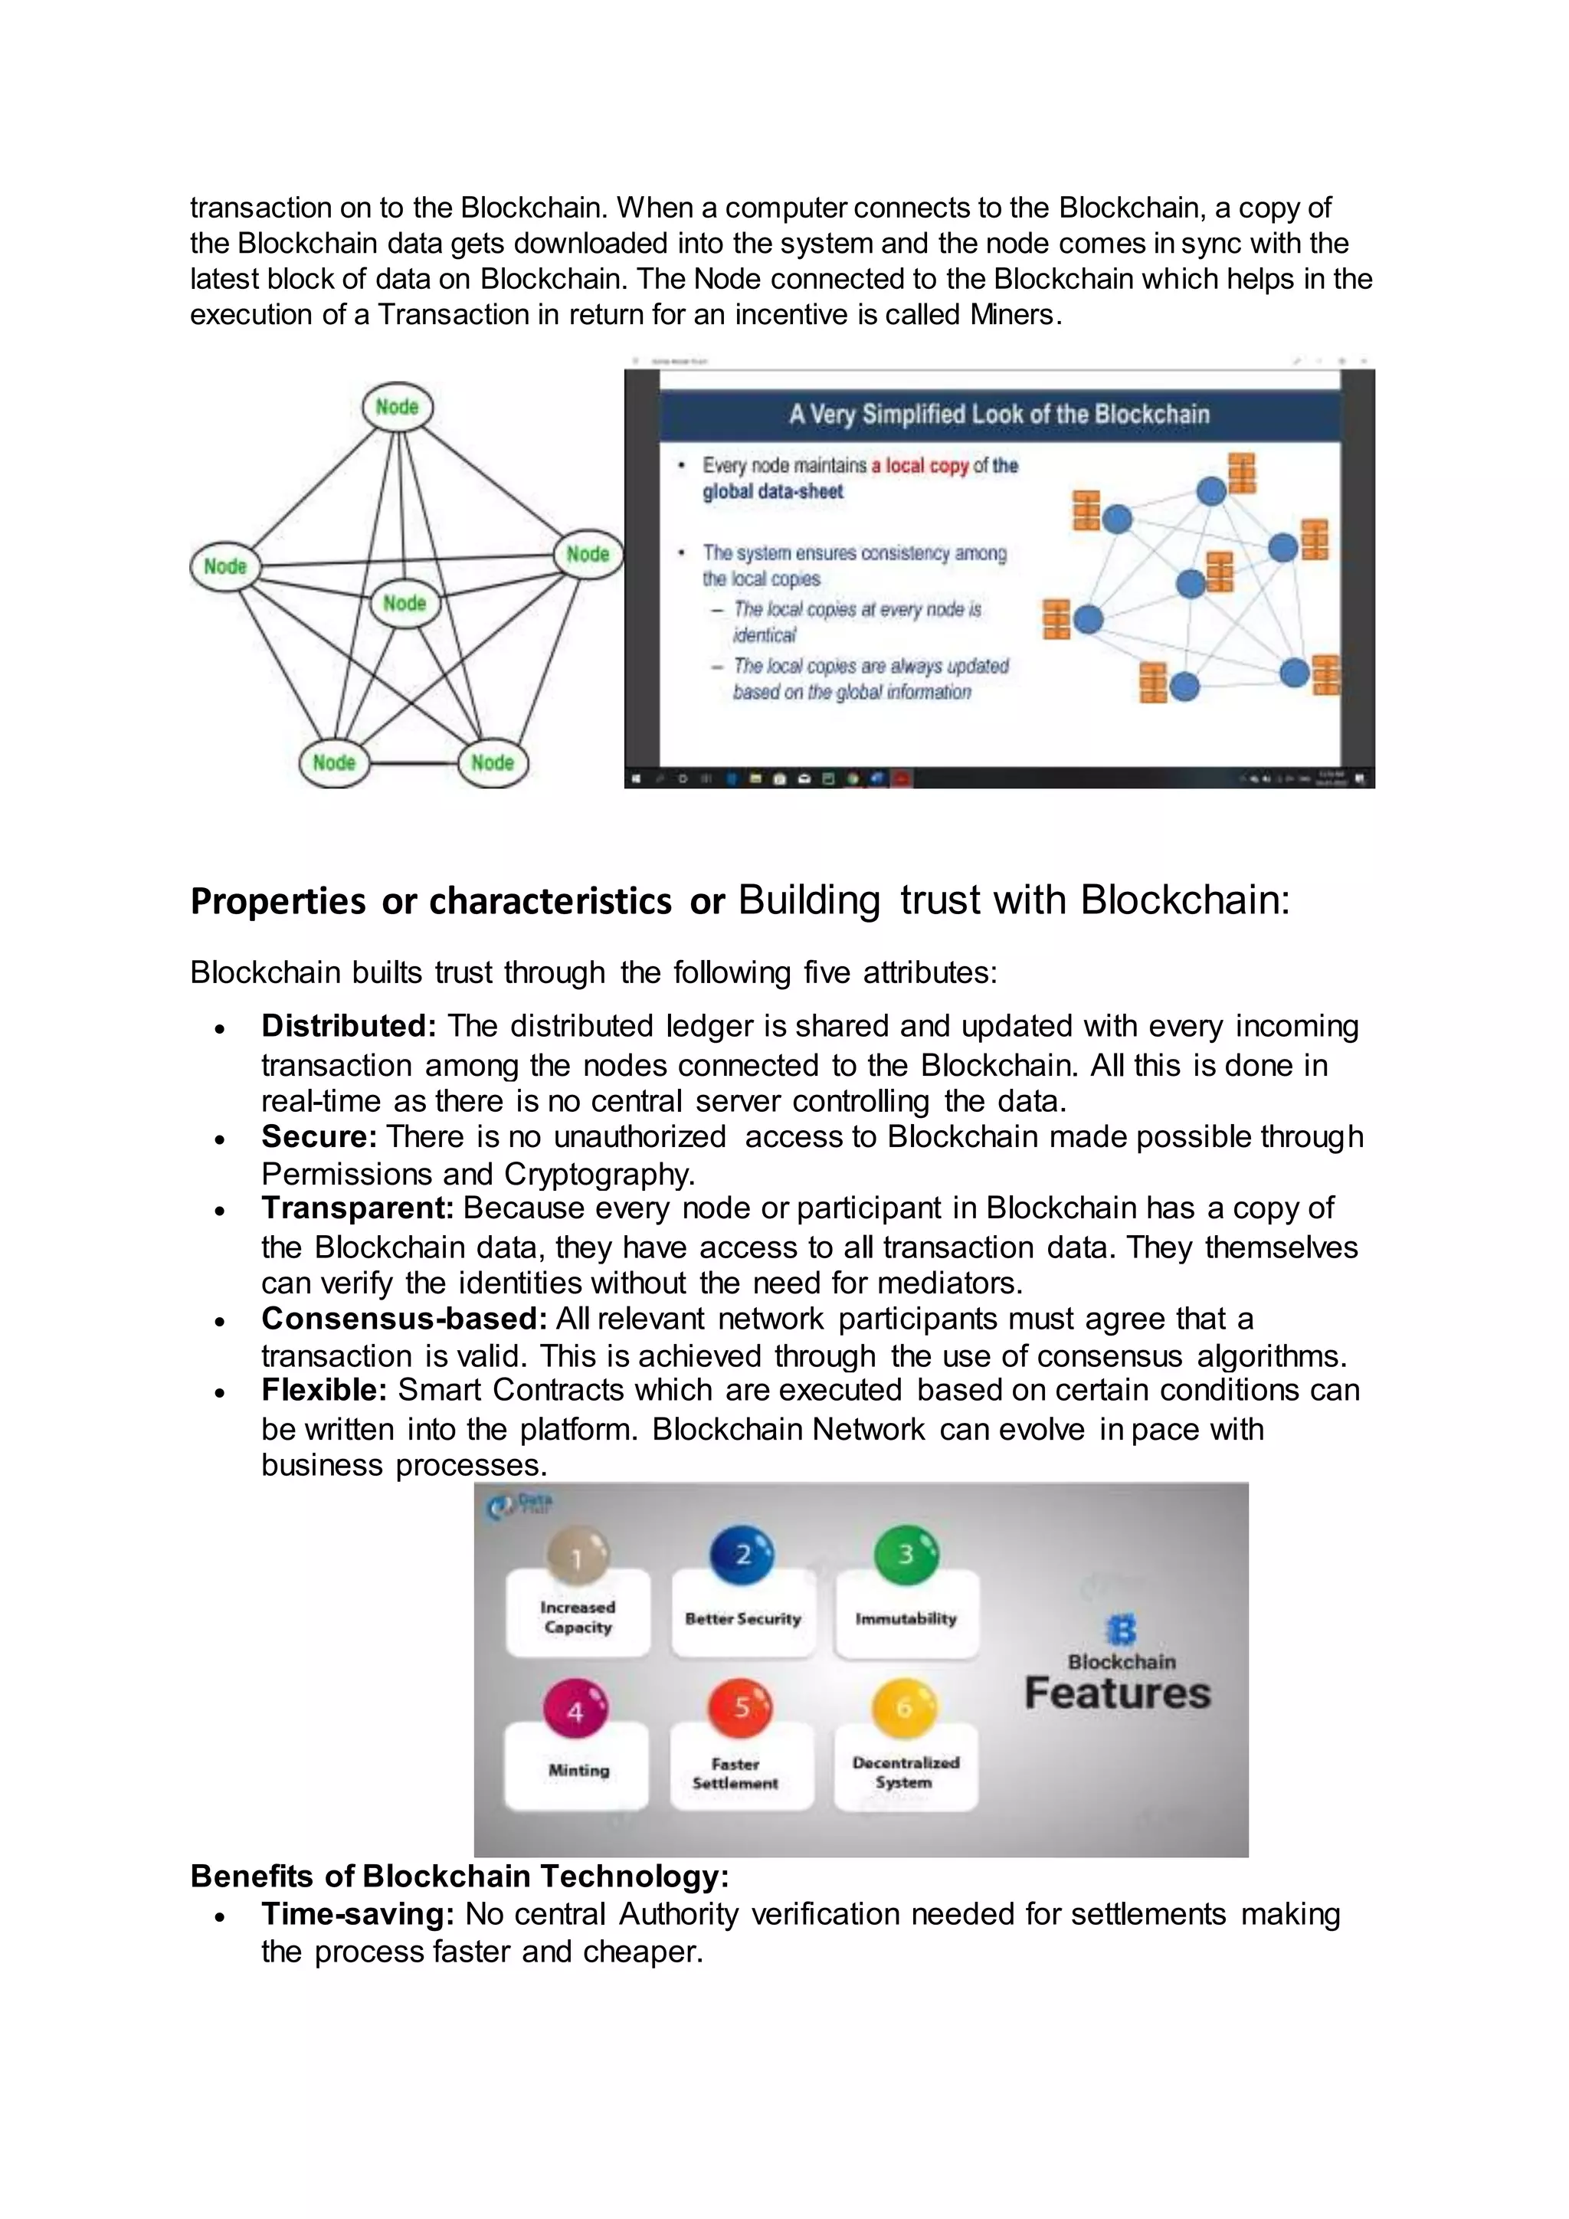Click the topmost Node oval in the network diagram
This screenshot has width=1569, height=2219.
[x=397, y=407]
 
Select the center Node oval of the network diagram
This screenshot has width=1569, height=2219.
[x=404, y=603]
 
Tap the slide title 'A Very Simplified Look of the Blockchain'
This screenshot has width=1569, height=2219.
[x=999, y=415]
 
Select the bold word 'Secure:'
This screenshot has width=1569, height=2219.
[x=319, y=1136]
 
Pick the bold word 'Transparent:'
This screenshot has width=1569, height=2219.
[x=358, y=1208]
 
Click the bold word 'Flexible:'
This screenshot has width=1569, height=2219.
[x=323, y=1390]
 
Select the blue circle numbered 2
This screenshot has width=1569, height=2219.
[x=742, y=1554]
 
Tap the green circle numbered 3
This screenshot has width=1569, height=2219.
[x=906, y=1554]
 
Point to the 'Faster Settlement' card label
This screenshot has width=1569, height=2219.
[x=735, y=1774]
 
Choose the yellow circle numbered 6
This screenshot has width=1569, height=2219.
[x=904, y=1709]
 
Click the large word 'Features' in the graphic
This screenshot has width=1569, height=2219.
[x=1117, y=1694]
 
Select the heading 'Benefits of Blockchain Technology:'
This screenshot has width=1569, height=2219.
[x=460, y=1876]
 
